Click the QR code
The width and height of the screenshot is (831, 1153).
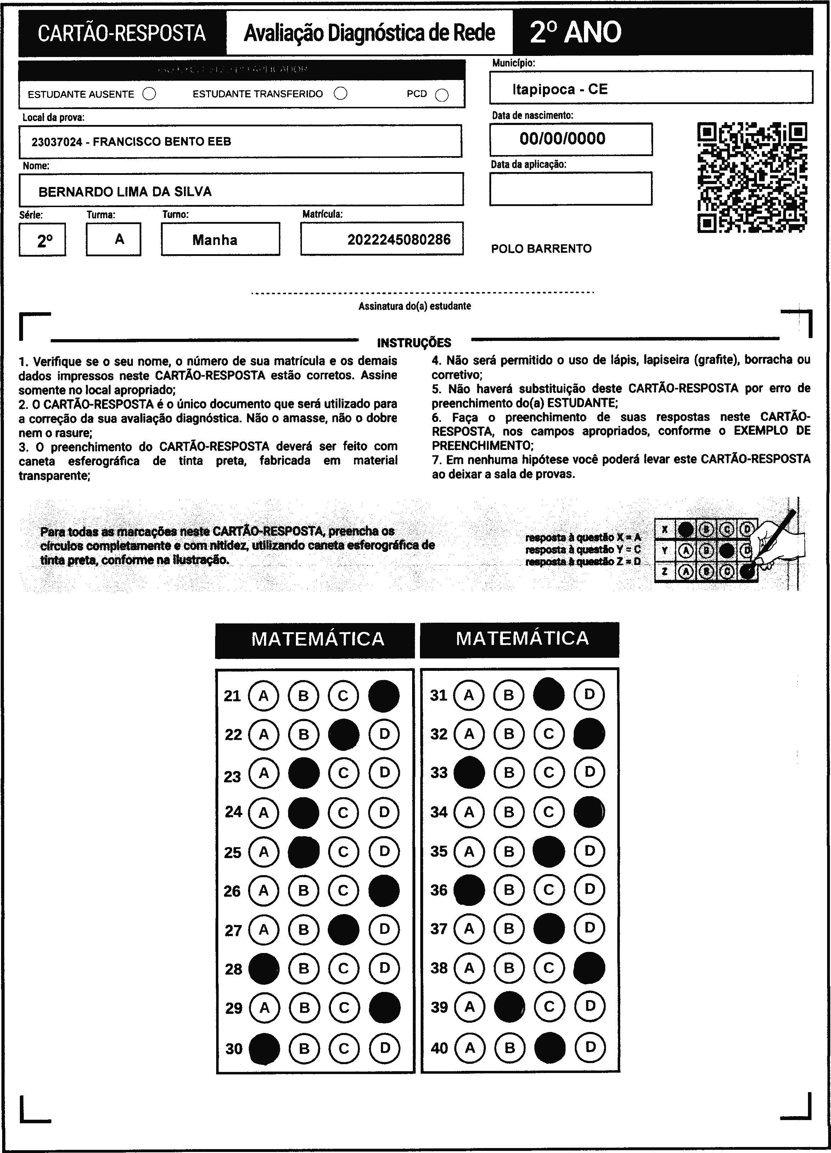click(752, 177)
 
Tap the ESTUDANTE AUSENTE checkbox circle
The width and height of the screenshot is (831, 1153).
click(149, 94)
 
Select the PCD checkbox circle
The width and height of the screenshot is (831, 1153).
click(442, 95)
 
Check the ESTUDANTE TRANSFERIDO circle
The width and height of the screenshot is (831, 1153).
click(341, 93)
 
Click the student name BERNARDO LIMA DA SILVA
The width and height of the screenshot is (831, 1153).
click(125, 192)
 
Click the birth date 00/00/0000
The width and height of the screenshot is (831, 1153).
click(562, 139)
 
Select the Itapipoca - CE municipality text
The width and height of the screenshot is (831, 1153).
click(560, 90)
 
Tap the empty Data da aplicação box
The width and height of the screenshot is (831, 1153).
click(571, 189)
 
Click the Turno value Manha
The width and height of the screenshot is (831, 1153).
click(215, 240)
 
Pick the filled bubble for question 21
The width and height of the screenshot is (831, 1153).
click(384, 696)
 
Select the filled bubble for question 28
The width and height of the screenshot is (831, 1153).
click(264, 969)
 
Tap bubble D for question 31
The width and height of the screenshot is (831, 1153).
click(589, 695)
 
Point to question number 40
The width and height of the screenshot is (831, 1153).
click(439, 1048)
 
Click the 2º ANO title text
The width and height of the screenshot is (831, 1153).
click(575, 33)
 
